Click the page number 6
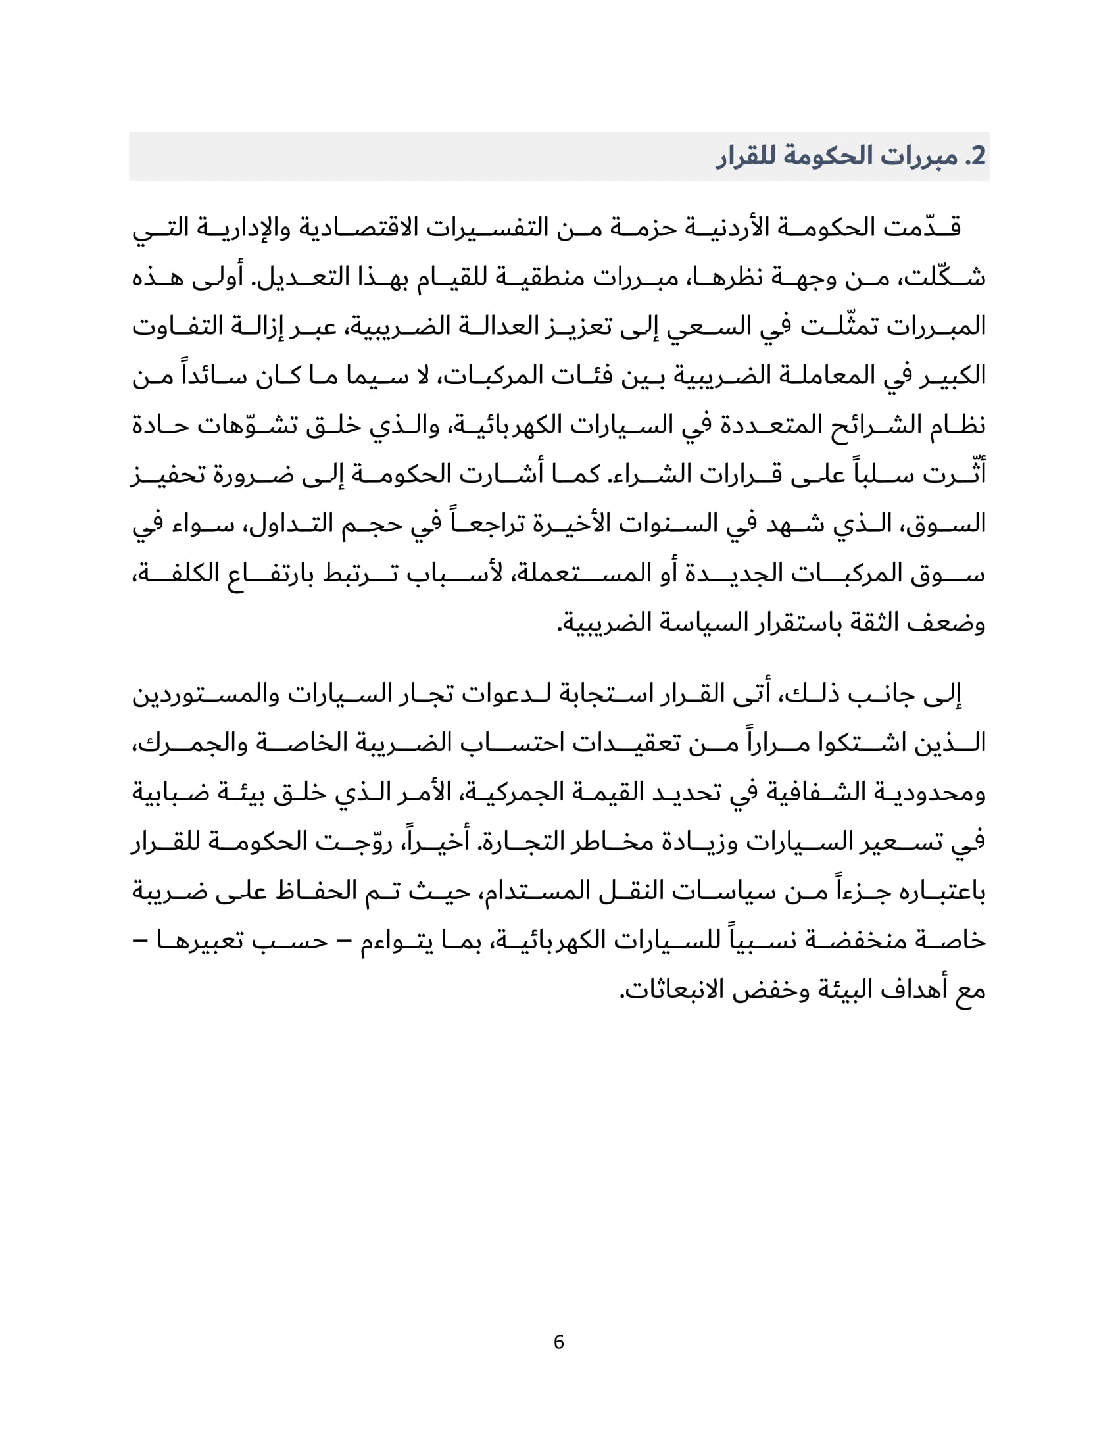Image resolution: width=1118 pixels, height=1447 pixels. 558,1342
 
